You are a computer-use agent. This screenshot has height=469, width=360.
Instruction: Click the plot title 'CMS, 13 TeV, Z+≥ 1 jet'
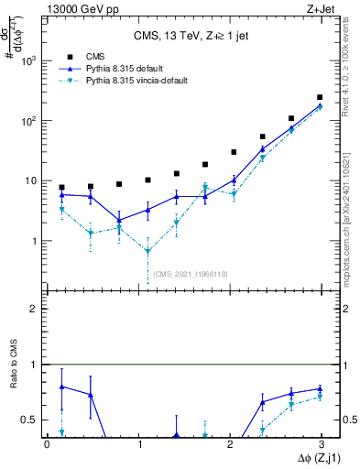pos(181,37)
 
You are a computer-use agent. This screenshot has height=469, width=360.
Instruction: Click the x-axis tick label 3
pos(320,444)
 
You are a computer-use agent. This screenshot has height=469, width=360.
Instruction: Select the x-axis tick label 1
pos(137,444)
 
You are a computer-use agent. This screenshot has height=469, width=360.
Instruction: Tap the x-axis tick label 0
pos(48,444)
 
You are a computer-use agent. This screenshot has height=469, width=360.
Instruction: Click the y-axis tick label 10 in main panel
pos(33,181)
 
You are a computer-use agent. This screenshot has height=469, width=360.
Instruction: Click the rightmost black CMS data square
pos(320,97)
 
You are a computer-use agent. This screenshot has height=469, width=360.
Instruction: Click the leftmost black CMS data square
pos(61,187)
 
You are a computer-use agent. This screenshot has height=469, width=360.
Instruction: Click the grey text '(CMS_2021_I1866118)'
pos(190,274)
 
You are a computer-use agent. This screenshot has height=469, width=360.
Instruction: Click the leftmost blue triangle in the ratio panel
pos(61,387)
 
